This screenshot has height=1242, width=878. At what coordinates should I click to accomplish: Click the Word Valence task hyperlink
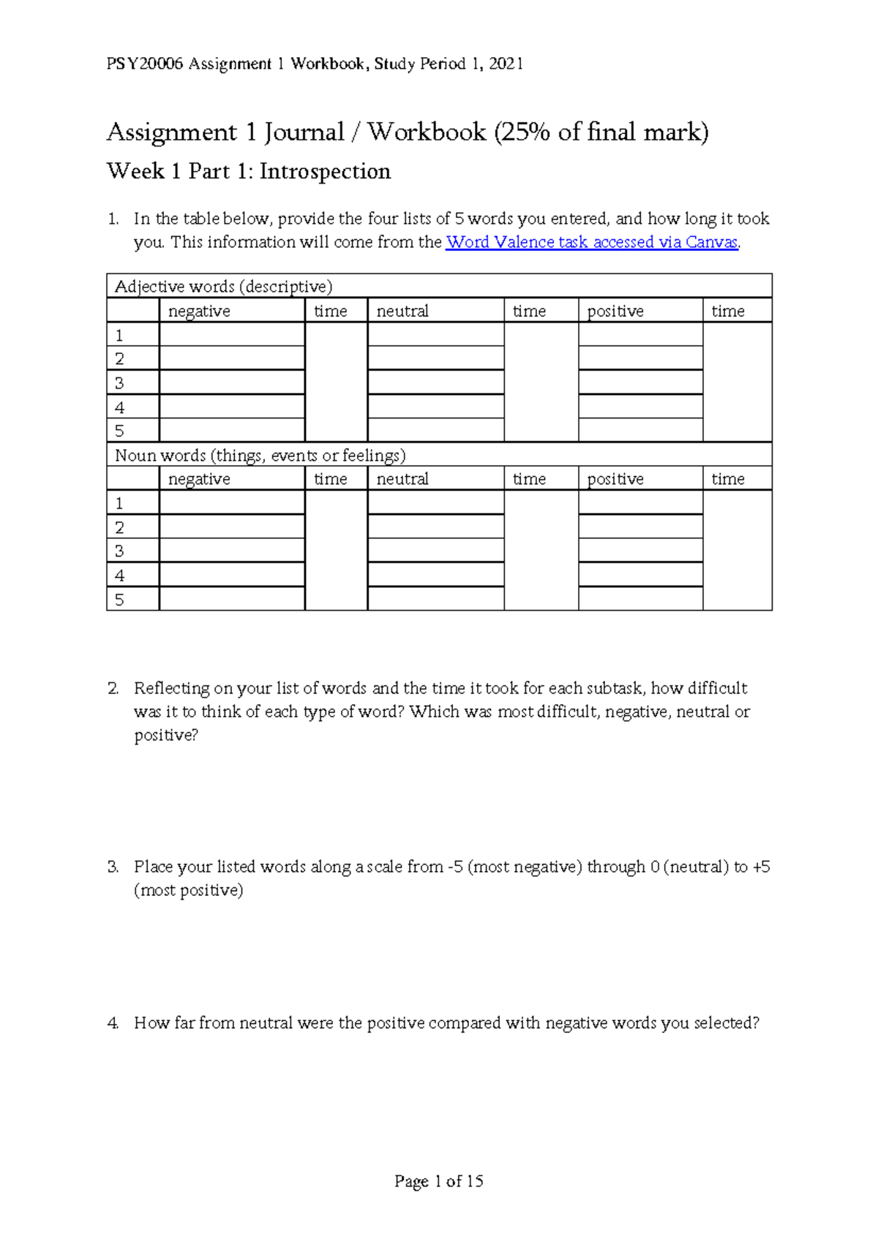coord(591,242)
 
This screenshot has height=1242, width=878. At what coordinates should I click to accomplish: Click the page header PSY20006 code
coord(144,64)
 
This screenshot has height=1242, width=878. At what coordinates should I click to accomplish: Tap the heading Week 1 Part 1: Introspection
coord(248,171)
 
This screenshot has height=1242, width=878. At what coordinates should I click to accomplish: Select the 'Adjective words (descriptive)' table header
coord(223,286)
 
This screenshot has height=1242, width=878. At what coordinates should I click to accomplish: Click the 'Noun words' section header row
coord(260,455)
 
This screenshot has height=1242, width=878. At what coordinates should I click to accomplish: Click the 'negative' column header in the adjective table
coord(199,311)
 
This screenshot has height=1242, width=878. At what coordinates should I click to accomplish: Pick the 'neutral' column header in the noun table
coord(402,479)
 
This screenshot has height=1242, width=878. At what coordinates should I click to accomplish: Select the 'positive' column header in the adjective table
coord(615,311)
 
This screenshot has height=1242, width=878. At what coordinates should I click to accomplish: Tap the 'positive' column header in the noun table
coord(615,479)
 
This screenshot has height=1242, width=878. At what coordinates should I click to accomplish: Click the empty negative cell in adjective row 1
coord(231,335)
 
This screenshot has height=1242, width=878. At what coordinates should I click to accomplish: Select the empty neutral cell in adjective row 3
coord(435,383)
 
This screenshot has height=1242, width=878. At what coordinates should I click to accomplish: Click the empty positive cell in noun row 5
coord(640,599)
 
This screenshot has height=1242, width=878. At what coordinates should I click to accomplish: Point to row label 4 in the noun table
coord(120,575)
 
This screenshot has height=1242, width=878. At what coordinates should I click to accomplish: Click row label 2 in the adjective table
coord(120,358)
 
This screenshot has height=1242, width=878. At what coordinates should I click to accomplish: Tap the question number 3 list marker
coord(113,867)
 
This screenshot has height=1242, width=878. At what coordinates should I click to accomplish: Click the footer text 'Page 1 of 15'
coord(438,1181)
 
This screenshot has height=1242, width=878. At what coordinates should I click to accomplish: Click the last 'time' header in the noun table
coord(728,479)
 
